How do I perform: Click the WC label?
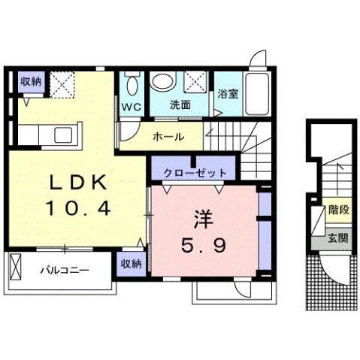[132, 106]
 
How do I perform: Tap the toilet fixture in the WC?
[132, 85]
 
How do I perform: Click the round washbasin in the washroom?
[162, 81]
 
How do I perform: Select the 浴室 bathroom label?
[227, 95]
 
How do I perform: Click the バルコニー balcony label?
[65, 268]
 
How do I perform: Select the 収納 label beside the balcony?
[131, 264]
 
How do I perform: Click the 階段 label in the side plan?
[339, 210]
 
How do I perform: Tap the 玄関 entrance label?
[338, 238]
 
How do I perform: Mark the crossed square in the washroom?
[197, 81]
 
